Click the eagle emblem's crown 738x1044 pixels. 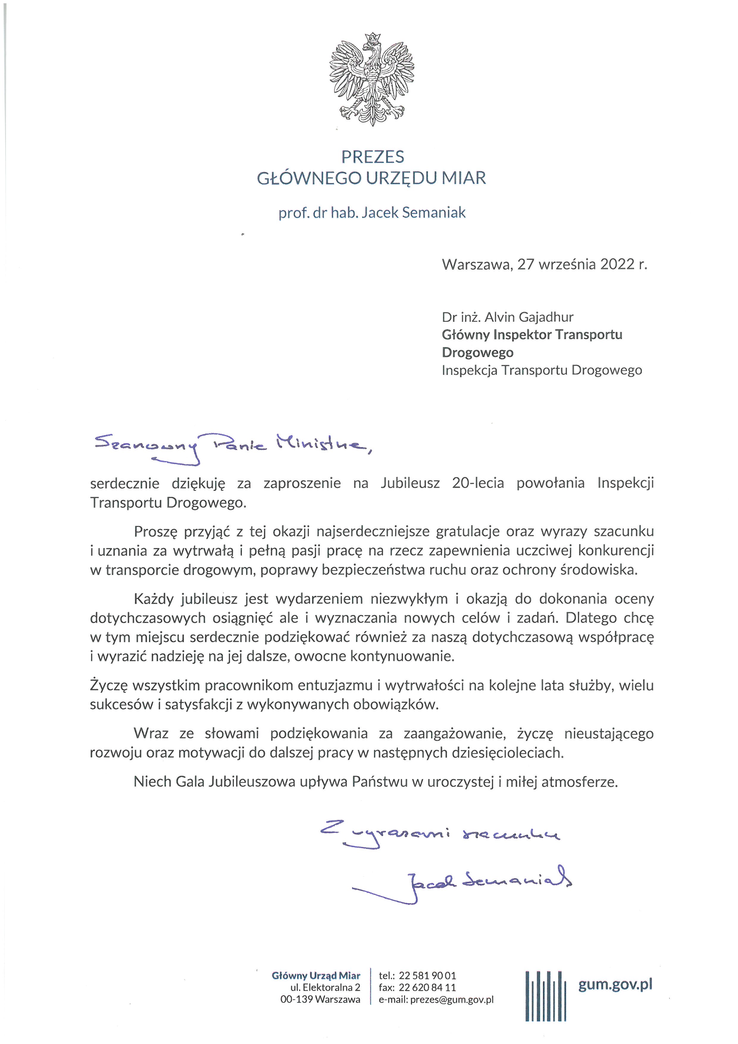coord(372,38)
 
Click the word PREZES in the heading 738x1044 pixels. coord(373,157)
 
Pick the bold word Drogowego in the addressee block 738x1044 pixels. coord(478,352)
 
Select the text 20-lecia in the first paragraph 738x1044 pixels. coord(478,483)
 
